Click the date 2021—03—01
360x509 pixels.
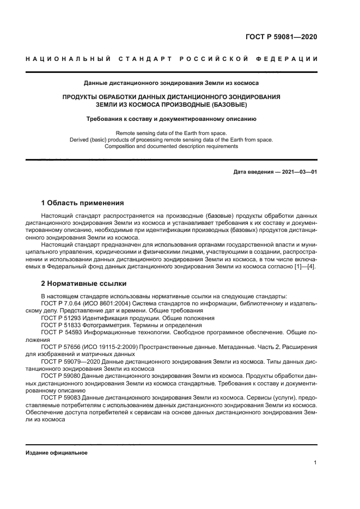(297, 172)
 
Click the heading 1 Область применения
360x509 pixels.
(83, 203)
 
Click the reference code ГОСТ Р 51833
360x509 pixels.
(63, 325)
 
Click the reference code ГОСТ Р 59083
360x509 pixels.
(63, 398)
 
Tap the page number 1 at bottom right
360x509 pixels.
(315, 463)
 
